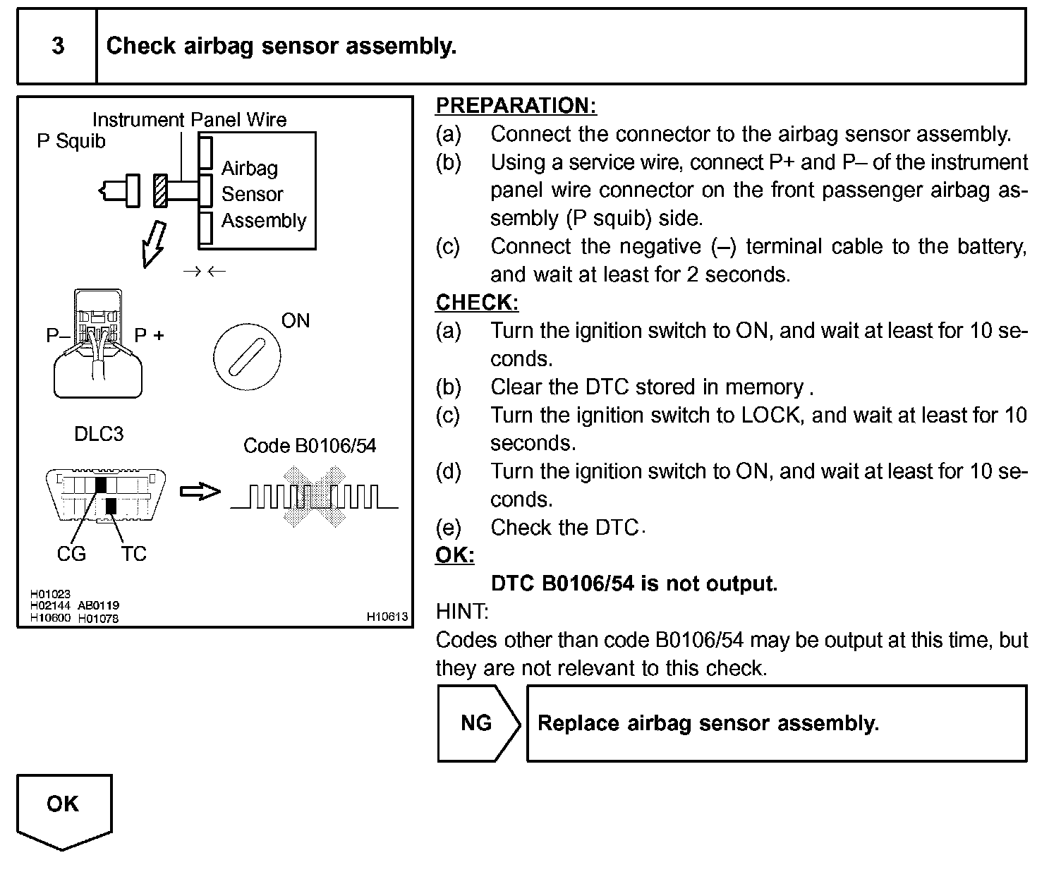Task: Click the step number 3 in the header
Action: pyautogui.click(x=58, y=47)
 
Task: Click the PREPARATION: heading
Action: pyautogui.click(x=516, y=106)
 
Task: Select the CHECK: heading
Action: pyautogui.click(x=477, y=303)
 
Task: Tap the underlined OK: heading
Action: pyautogui.click(x=455, y=556)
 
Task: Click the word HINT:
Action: pyautogui.click(x=462, y=612)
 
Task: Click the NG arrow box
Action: pyautogui.click(x=477, y=723)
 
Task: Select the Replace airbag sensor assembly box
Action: pyautogui.click(x=776, y=723)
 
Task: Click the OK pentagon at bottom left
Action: pyautogui.click(x=63, y=808)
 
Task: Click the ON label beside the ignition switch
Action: pyautogui.click(x=296, y=321)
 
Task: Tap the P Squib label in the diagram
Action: pyautogui.click(x=71, y=141)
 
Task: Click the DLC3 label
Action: pyautogui.click(x=99, y=434)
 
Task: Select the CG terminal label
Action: pyautogui.click(x=71, y=554)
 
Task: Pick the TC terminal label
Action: pyautogui.click(x=133, y=554)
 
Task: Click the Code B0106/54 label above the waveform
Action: pyautogui.click(x=310, y=446)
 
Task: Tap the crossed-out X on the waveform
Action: pyautogui.click(x=314, y=498)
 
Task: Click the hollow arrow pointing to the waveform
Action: pyautogui.click(x=200, y=491)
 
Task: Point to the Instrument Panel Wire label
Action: pyautogui.click(x=189, y=120)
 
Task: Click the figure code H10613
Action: pyautogui.click(x=387, y=617)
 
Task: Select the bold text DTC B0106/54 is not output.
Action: pyautogui.click(x=633, y=584)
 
